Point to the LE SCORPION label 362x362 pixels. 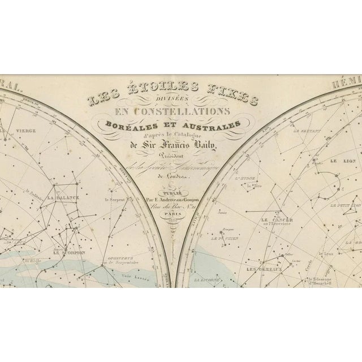pyautogui.click(x=68, y=253)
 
